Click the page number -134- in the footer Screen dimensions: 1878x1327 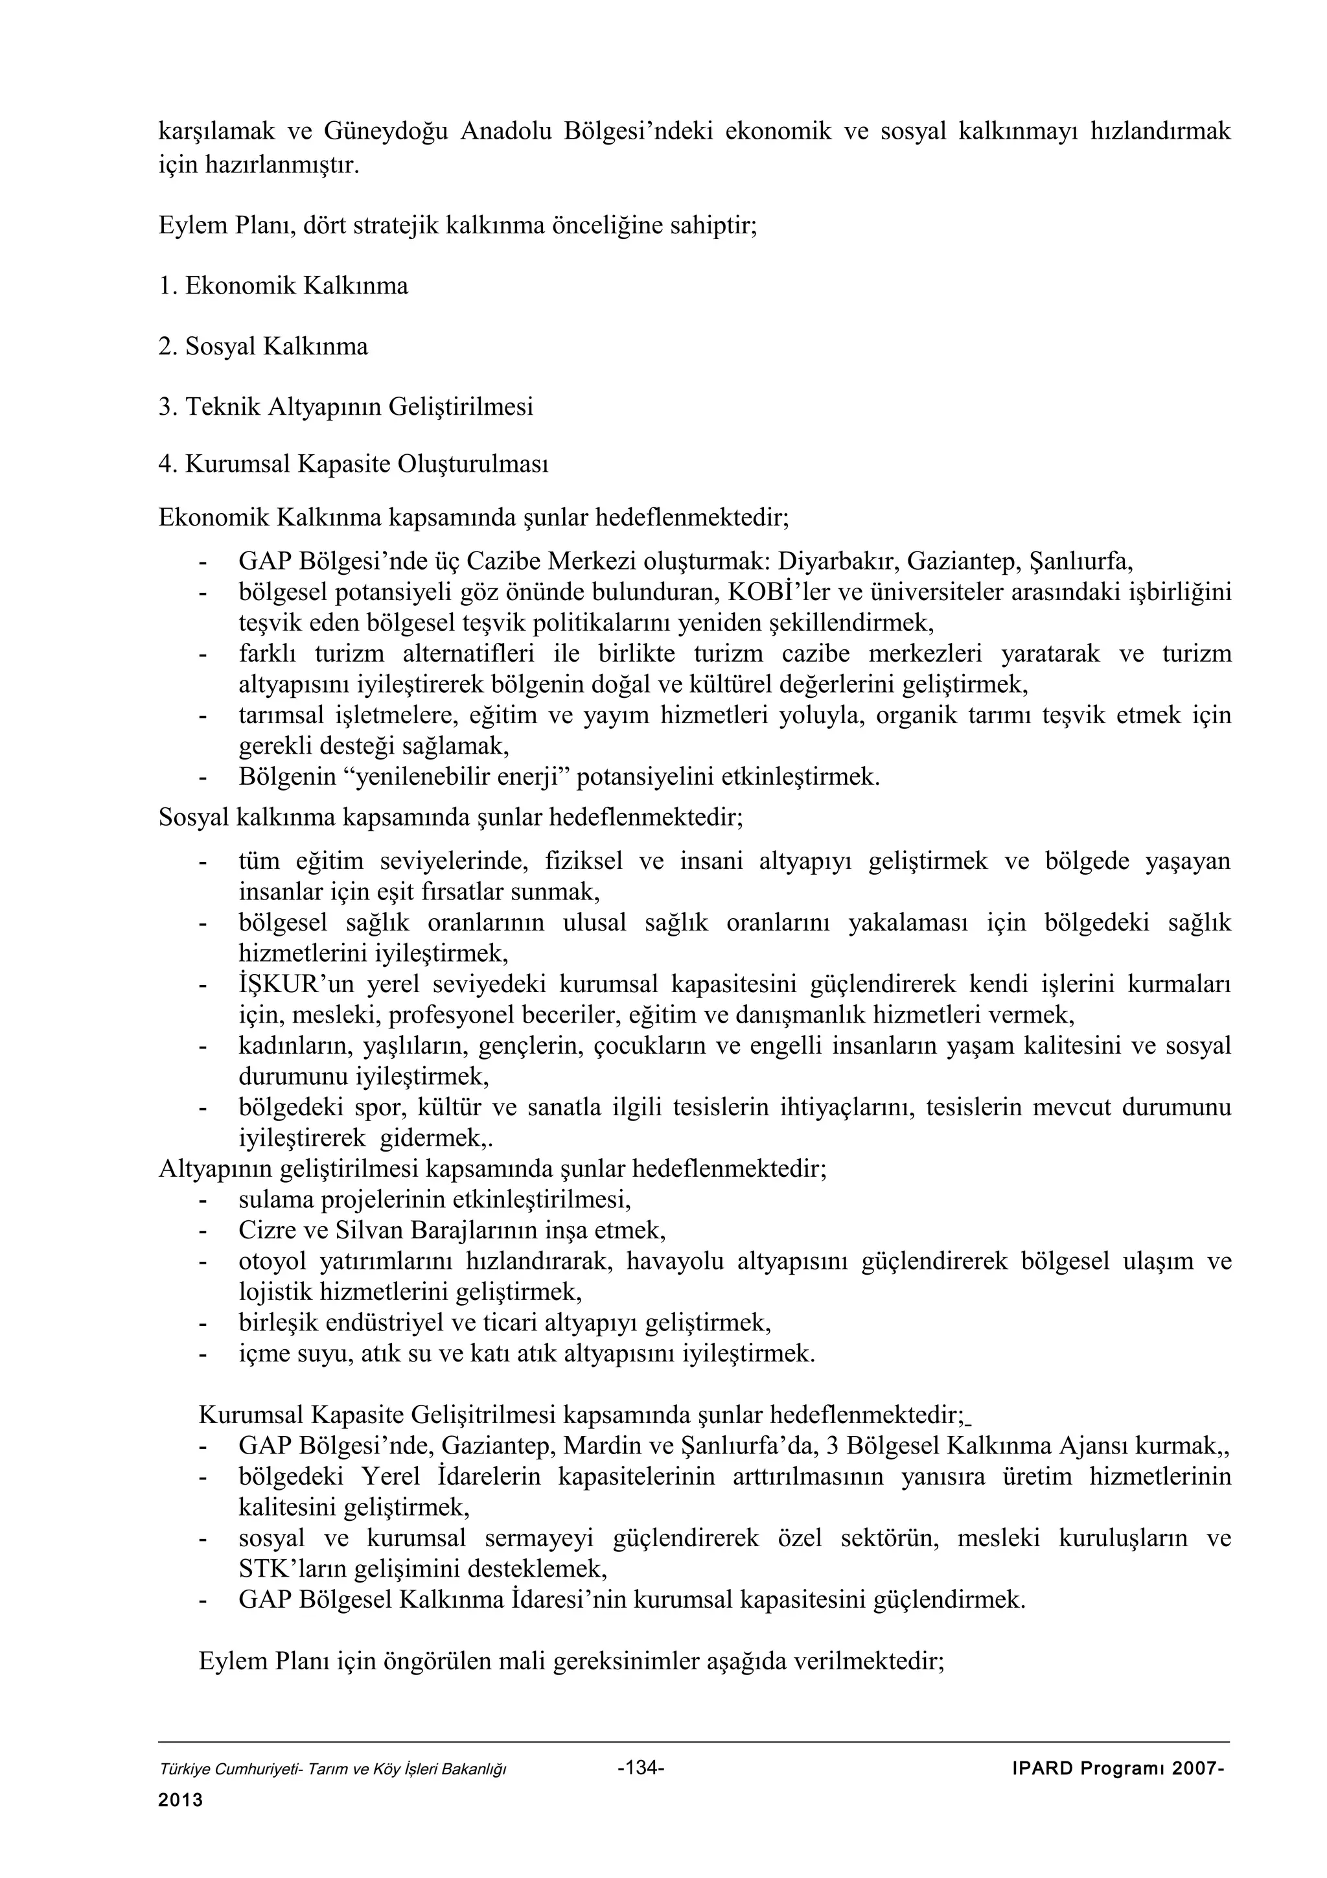pyautogui.click(x=641, y=1766)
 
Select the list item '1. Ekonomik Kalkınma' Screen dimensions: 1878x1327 pyautogui.click(x=283, y=286)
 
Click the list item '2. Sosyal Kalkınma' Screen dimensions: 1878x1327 pyautogui.click(x=263, y=347)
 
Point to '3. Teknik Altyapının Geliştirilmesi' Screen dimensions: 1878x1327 pyautogui.click(x=346, y=406)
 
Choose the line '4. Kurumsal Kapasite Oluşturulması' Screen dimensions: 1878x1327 pyautogui.click(x=353, y=464)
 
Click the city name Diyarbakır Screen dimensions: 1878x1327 pyautogui.click(x=837, y=561)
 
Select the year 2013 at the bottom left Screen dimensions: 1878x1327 pyautogui.click(x=180, y=1800)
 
